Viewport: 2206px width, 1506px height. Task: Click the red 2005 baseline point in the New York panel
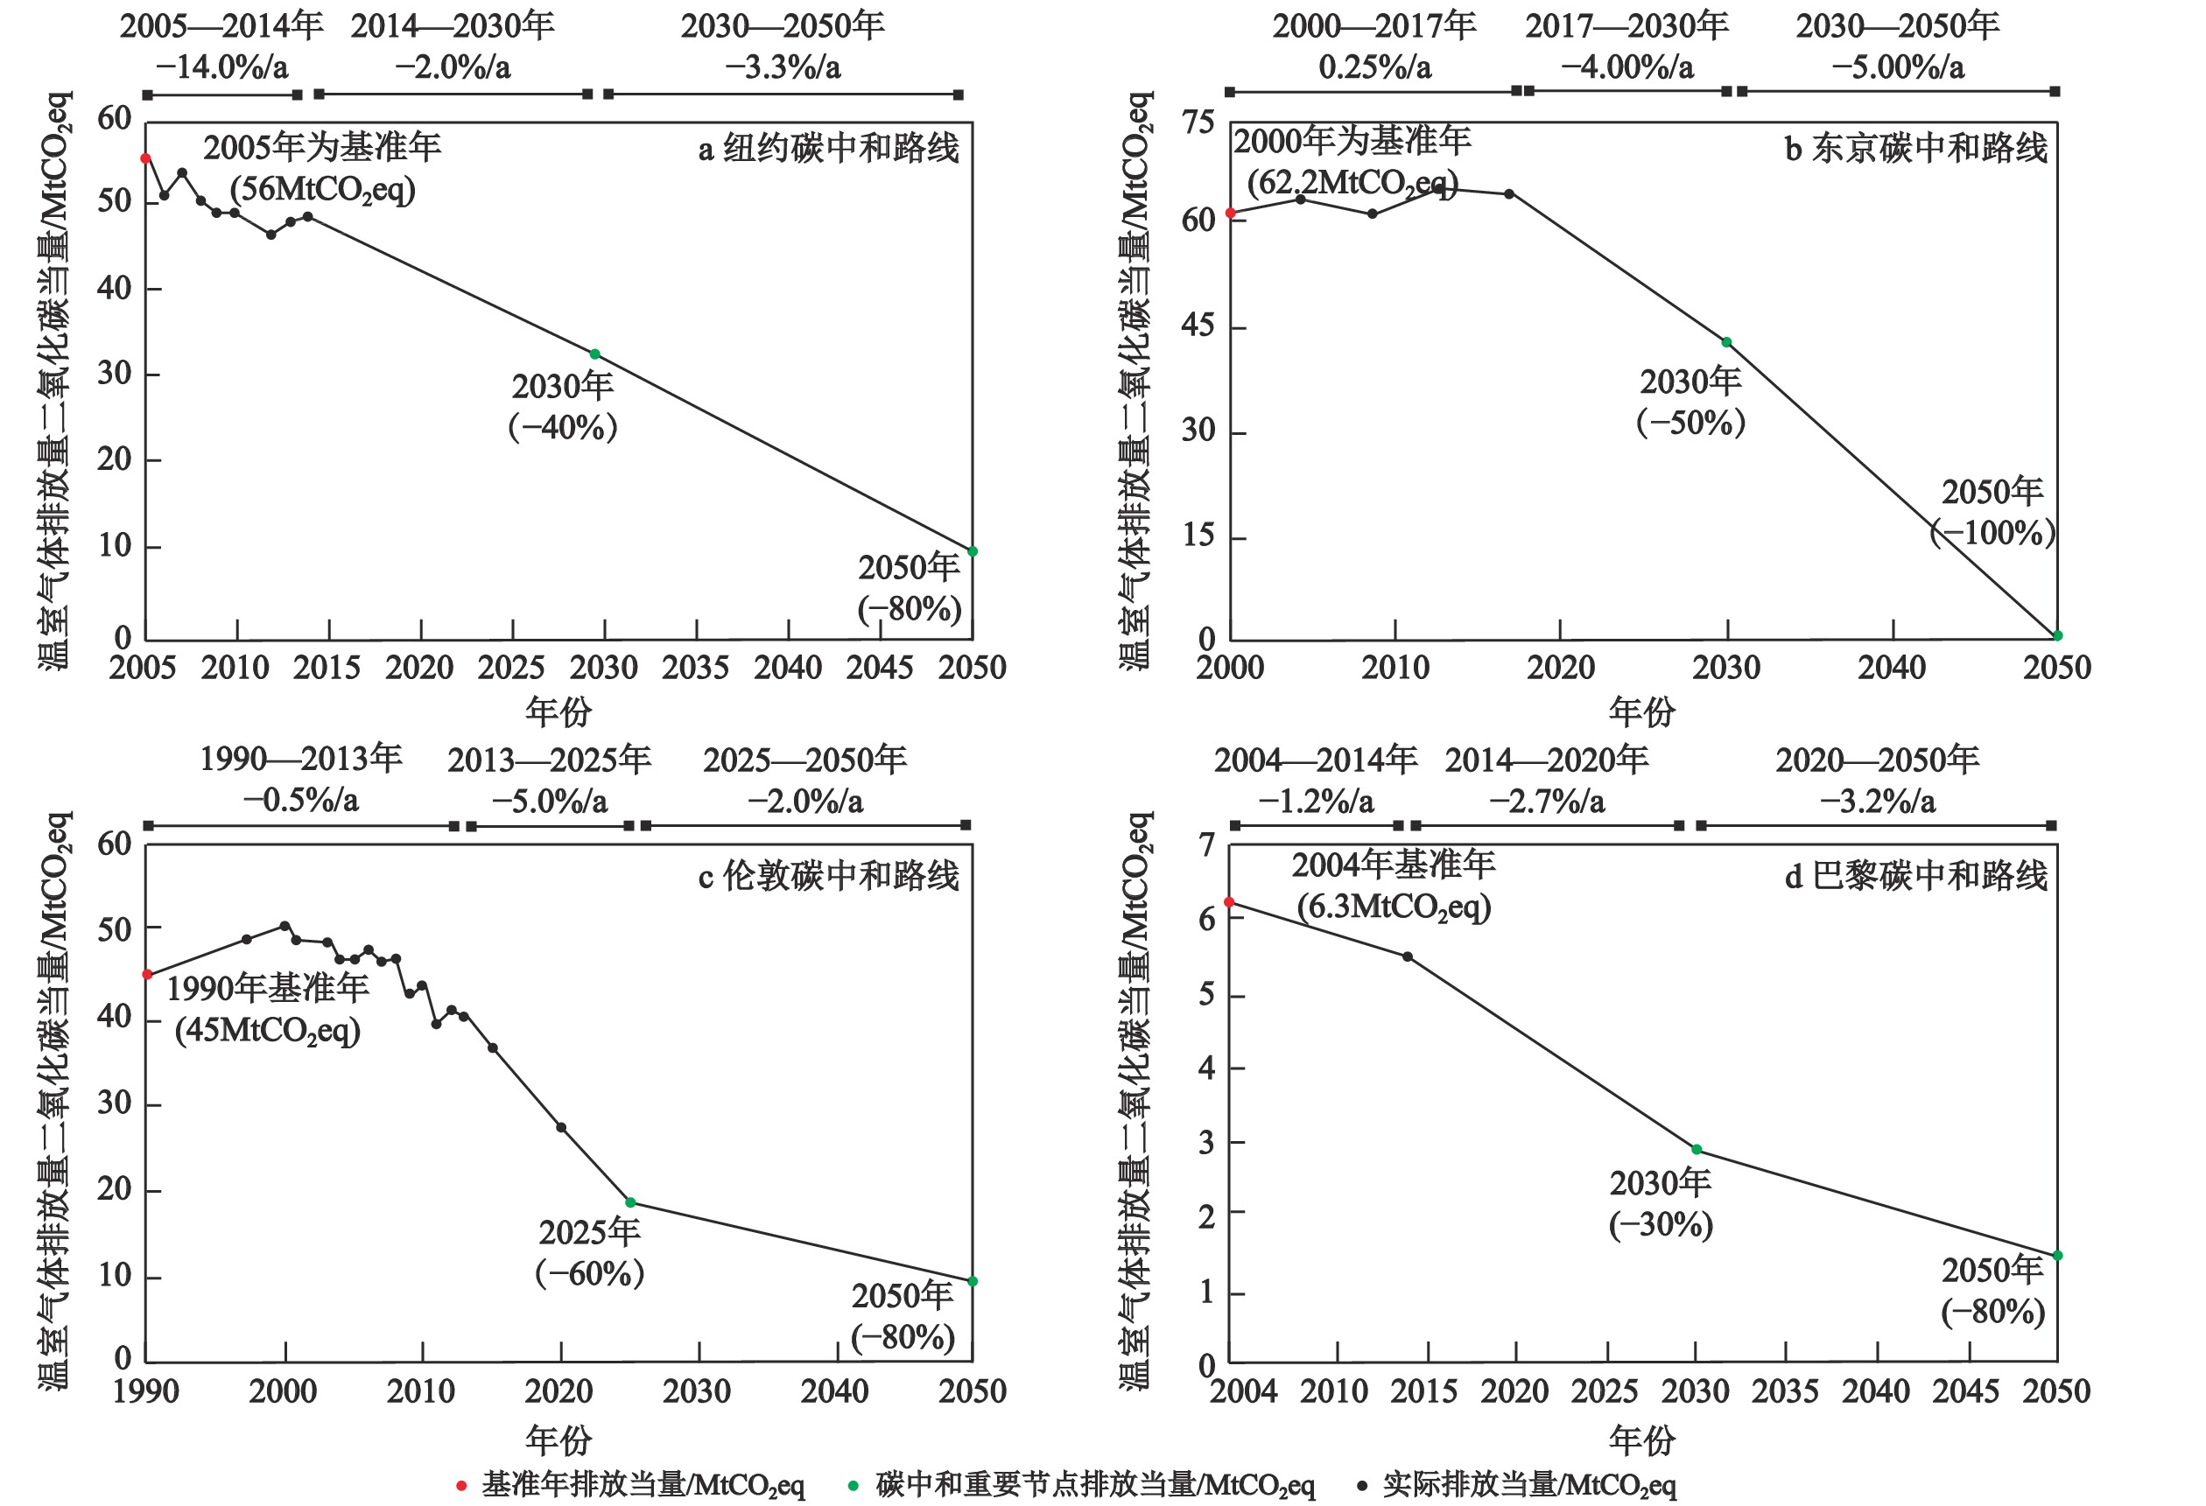[x=146, y=158]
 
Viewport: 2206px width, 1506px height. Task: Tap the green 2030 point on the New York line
[x=595, y=354]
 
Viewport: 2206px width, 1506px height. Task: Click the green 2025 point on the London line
[x=630, y=1202]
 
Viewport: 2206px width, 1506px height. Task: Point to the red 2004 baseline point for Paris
[x=1229, y=902]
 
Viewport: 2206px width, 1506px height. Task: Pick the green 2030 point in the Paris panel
[x=1697, y=1149]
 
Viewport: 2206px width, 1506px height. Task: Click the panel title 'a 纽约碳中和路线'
[x=829, y=149]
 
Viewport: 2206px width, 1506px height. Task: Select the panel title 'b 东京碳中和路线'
[x=1915, y=149]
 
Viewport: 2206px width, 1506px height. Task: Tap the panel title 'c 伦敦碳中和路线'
[x=829, y=875]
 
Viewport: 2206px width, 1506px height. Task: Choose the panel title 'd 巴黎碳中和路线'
[x=1915, y=875]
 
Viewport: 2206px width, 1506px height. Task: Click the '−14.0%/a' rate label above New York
[x=222, y=67]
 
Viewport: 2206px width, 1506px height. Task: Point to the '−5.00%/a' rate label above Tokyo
[x=1898, y=67]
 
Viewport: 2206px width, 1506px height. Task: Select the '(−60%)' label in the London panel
[x=589, y=1273]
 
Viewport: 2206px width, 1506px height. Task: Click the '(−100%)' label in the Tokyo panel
[x=1993, y=532]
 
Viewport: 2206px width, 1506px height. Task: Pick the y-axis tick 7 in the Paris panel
[x=1206, y=844]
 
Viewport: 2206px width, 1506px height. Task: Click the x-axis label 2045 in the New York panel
[x=880, y=668]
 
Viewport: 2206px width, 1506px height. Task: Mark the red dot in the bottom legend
[x=461, y=1485]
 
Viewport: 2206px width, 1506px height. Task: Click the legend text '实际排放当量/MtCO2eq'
[x=1528, y=1485]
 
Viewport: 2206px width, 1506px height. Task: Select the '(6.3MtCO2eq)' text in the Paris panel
[x=1394, y=907]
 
